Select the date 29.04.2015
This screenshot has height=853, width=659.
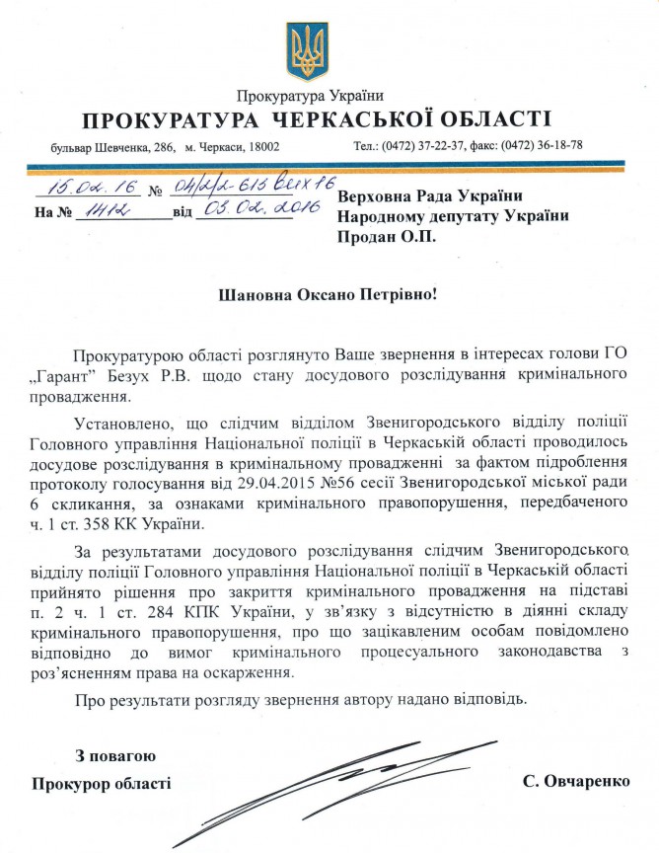pyautogui.click(x=251, y=479)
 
